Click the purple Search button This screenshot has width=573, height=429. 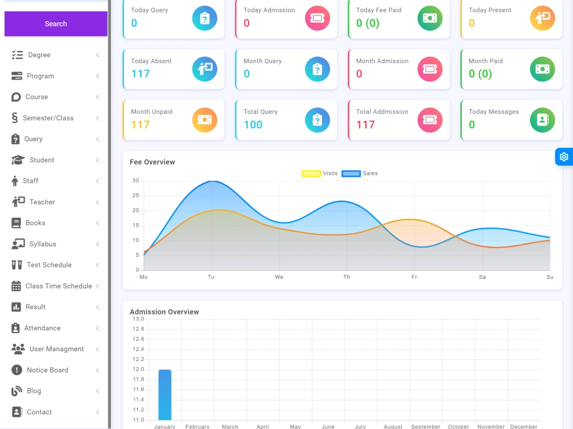(56, 23)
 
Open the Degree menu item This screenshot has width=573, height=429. (39, 55)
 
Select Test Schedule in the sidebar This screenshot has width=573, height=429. (49, 265)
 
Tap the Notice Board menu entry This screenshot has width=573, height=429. (48, 370)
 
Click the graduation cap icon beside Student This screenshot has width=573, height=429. (18, 160)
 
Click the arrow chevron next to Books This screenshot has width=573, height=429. (97, 223)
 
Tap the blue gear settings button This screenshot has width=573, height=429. (564, 157)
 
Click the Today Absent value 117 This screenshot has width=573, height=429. (140, 74)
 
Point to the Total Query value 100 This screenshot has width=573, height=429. (253, 125)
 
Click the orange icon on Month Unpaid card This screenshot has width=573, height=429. (205, 120)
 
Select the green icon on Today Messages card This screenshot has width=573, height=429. (542, 120)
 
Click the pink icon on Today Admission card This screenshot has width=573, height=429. (317, 18)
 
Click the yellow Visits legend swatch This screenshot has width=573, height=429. (311, 174)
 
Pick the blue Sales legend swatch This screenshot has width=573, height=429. (351, 174)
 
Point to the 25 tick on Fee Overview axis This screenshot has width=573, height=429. (136, 196)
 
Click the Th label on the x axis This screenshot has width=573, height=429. (347, 277)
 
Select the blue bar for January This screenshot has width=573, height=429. (165, 395)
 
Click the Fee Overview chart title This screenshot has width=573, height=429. (152, 162)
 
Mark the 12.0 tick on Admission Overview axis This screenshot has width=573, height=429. (139, 369)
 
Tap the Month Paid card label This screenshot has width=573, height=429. (486, 61)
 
